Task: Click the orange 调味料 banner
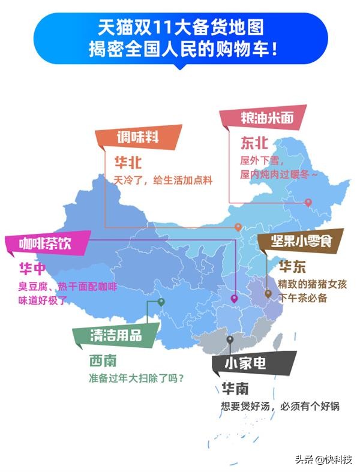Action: tap(139, 137)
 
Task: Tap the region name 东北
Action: tap(254, 143)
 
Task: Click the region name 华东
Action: tap(292, 266)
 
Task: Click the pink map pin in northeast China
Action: tap(308, 203)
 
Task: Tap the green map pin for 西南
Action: tap(161, 303)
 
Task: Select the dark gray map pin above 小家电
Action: tap(230, 340)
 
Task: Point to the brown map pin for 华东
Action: tap(268, 294)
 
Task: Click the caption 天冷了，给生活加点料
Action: tap(164, 180)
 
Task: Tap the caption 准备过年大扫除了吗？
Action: tap(137, 378)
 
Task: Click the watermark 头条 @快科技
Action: tap(323, 459)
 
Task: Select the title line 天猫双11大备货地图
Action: tap(180, 28)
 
